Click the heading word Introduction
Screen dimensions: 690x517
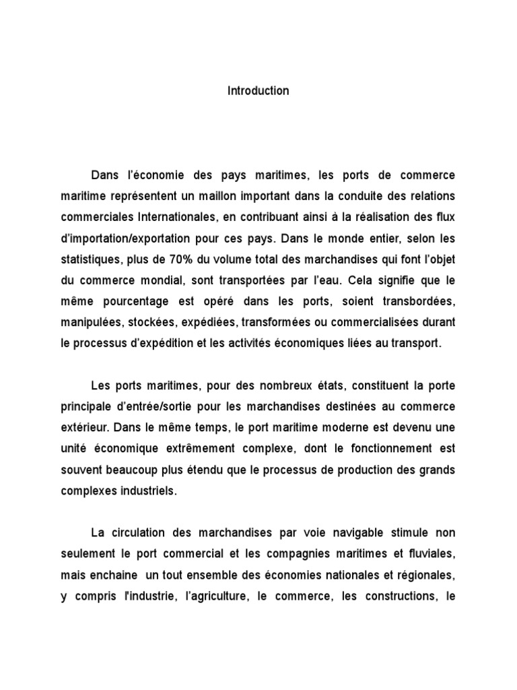(258, 91)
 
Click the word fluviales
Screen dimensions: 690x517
(425, 555)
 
